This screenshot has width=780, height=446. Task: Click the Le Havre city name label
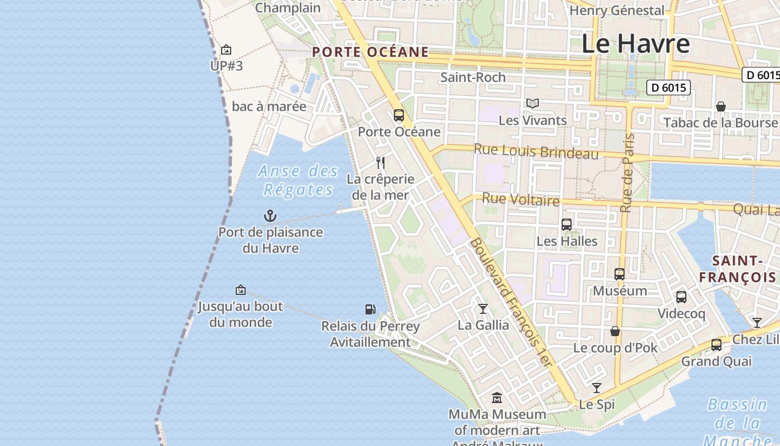[635, 43]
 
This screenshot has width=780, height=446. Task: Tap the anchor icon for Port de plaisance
[270, 216]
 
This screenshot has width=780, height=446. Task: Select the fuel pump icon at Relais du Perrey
[370, 309]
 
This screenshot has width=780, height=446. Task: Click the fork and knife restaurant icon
[381, 163]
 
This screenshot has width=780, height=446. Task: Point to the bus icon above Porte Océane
[399, 115]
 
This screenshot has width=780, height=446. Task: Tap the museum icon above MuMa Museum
[497, 398]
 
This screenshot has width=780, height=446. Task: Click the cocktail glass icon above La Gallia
[483, 309]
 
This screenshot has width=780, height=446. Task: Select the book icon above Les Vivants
[533, 104]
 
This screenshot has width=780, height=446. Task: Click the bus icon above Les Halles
[567, 225]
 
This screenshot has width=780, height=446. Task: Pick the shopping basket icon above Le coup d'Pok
[615, 331]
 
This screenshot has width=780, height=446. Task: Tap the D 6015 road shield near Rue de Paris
[669, 88]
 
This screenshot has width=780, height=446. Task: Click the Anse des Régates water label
[298, 180]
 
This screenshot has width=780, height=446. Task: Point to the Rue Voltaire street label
[520, 200]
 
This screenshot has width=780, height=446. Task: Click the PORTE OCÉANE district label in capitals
[370, 52]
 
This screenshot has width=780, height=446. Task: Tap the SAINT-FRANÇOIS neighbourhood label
[738, 269]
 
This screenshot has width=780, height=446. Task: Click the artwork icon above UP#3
[226, 50]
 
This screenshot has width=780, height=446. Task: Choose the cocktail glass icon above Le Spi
[597, 388]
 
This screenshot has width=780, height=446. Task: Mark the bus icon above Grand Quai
[716, 345]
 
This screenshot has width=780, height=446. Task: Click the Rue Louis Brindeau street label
[536, 152]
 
